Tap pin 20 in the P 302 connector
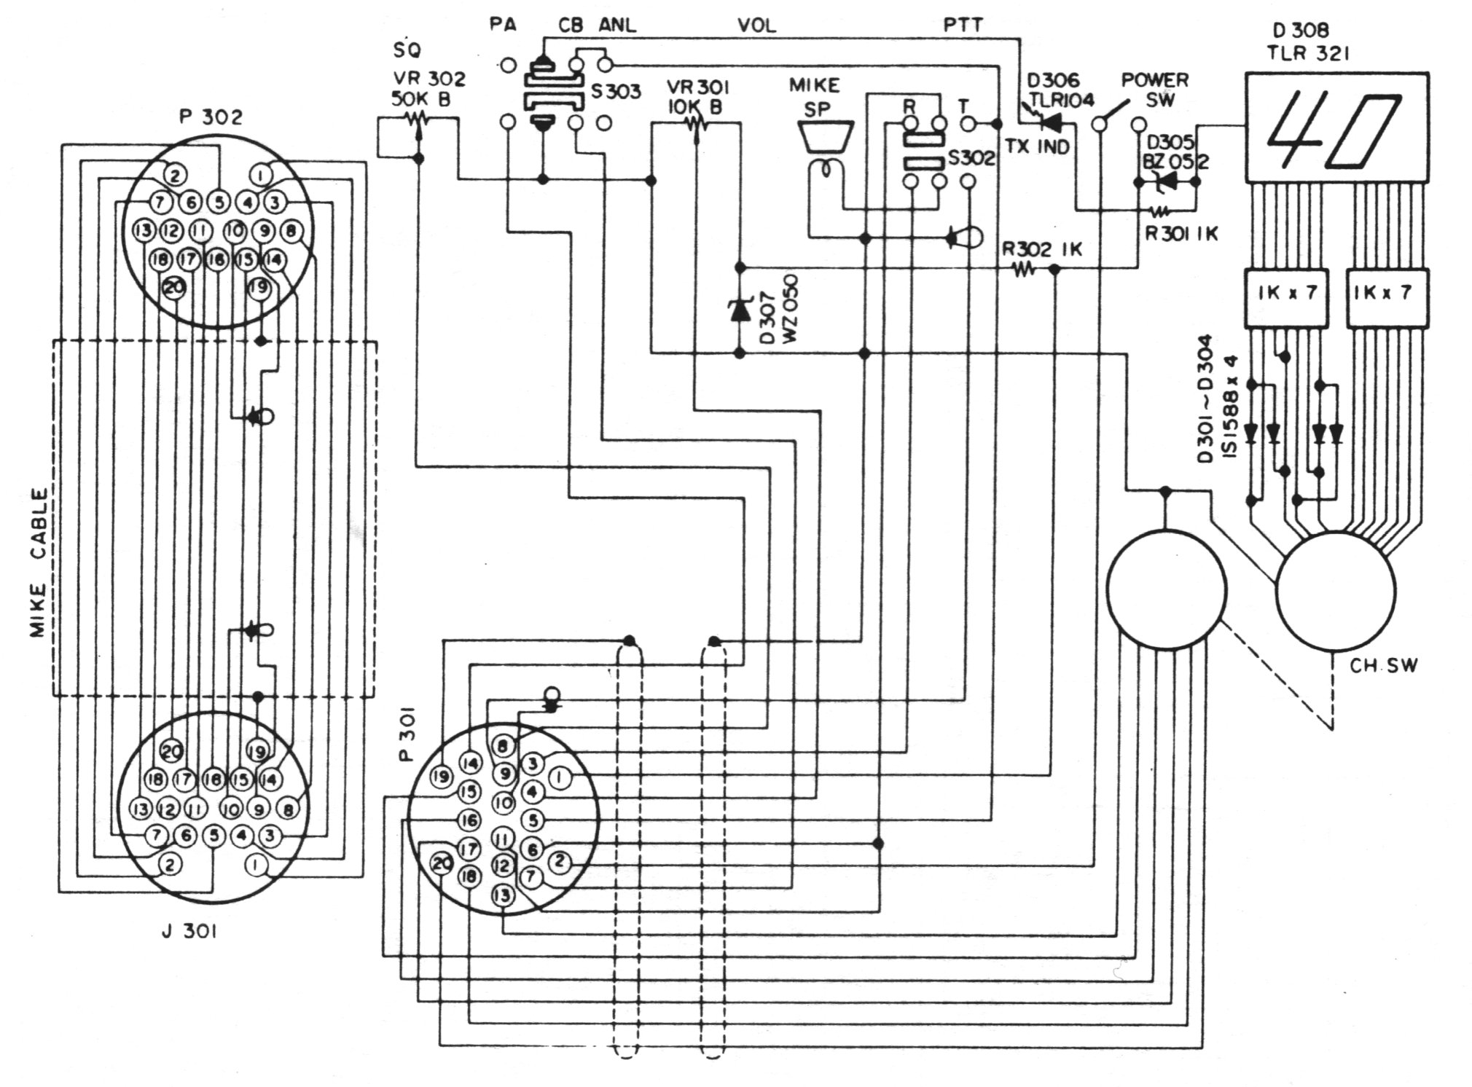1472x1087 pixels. tap(174, 288)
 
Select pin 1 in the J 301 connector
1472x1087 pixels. tap(256, 866)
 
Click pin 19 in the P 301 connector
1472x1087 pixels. tap(440, 777)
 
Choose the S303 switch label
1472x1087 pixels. tap(616, 93)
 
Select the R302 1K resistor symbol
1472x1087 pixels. tap(1023, 270)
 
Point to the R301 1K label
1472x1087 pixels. tap(1181, 233)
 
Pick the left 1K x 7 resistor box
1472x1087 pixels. tap(1285, 297)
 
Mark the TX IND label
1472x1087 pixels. tap(1036, 146)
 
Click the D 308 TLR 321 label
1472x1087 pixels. tap(1309, 41)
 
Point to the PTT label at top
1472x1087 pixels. tap(963, 25)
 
